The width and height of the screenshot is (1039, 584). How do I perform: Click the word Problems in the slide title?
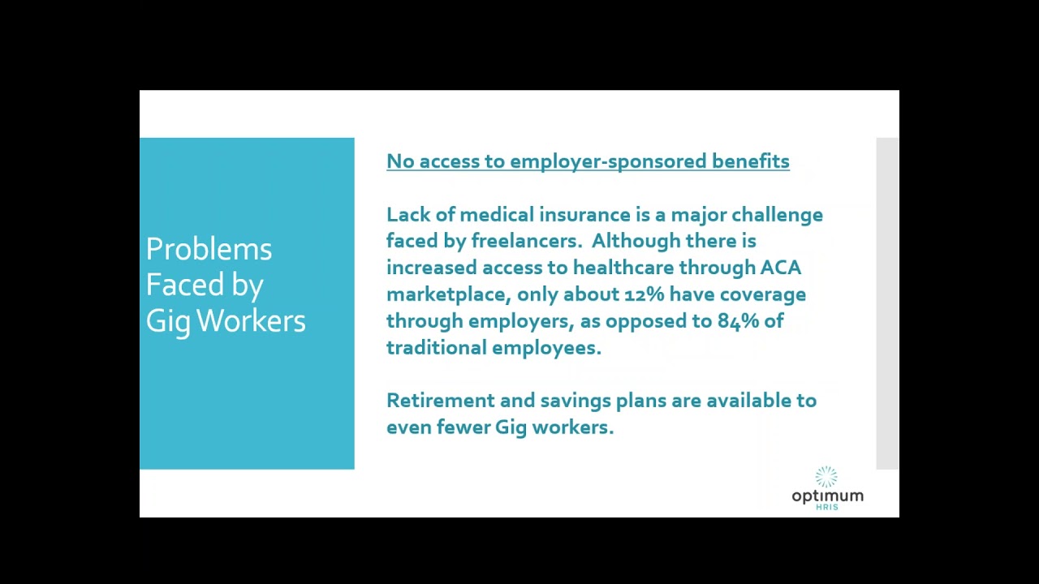point(209,250)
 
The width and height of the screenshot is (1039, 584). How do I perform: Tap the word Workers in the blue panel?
point(251,321)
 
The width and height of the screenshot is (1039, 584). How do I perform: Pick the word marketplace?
point(448,294)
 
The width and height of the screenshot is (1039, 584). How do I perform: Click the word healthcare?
point(623,268)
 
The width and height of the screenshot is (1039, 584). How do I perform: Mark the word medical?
point(496,215)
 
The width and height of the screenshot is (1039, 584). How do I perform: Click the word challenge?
point(777,215)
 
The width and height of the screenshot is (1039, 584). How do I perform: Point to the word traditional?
point(436,348)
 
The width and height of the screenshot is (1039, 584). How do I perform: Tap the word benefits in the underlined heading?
point(750,161)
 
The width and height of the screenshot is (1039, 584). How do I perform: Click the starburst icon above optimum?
point(826,477)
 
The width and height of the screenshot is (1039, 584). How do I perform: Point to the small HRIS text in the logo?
point(827,507)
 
